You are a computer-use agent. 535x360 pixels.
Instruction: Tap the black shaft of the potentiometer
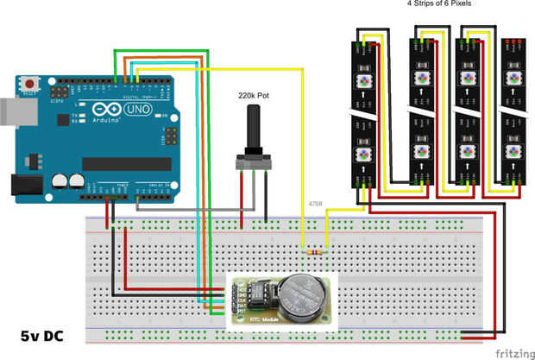tap(254, 130)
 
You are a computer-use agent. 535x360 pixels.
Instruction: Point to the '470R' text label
tap(317, 205)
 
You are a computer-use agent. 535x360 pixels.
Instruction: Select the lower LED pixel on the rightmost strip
tap(515, 152)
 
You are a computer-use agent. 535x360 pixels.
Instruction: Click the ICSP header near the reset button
tap(60, 90)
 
